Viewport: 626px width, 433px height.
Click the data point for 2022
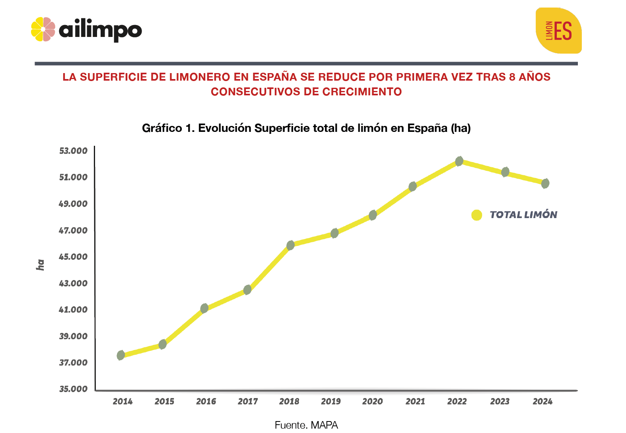tap(459, 161)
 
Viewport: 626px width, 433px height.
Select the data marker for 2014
tap(121, 355)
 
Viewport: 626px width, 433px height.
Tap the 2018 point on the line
tap(290, 245)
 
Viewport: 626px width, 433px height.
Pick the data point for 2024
tap(545, 183)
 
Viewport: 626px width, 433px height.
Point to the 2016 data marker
tap(204, 308)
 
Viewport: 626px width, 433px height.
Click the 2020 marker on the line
tap(373, 215)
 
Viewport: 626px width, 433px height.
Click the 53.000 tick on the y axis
tap(73, 151)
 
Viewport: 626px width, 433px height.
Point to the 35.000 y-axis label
tap(73, 389)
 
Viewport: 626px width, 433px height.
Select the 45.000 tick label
tap(73, 257)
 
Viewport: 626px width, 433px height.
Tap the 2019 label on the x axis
tap(331, 401)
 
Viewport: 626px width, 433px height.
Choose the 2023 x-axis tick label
tap(500, 401)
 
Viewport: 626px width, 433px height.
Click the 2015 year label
tap(164, 401)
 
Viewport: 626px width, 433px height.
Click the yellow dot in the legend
tap(476, 215)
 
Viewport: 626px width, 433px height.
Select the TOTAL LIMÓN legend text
tap(523, 215)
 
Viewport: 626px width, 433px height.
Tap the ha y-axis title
tap(40, 265)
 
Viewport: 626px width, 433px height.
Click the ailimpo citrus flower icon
tap(43, 29)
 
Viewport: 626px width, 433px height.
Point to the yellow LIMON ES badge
tap(558, 31)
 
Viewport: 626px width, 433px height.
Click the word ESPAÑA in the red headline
tap(275, 77)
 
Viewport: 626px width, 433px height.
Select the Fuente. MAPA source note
tap(306, 425)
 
